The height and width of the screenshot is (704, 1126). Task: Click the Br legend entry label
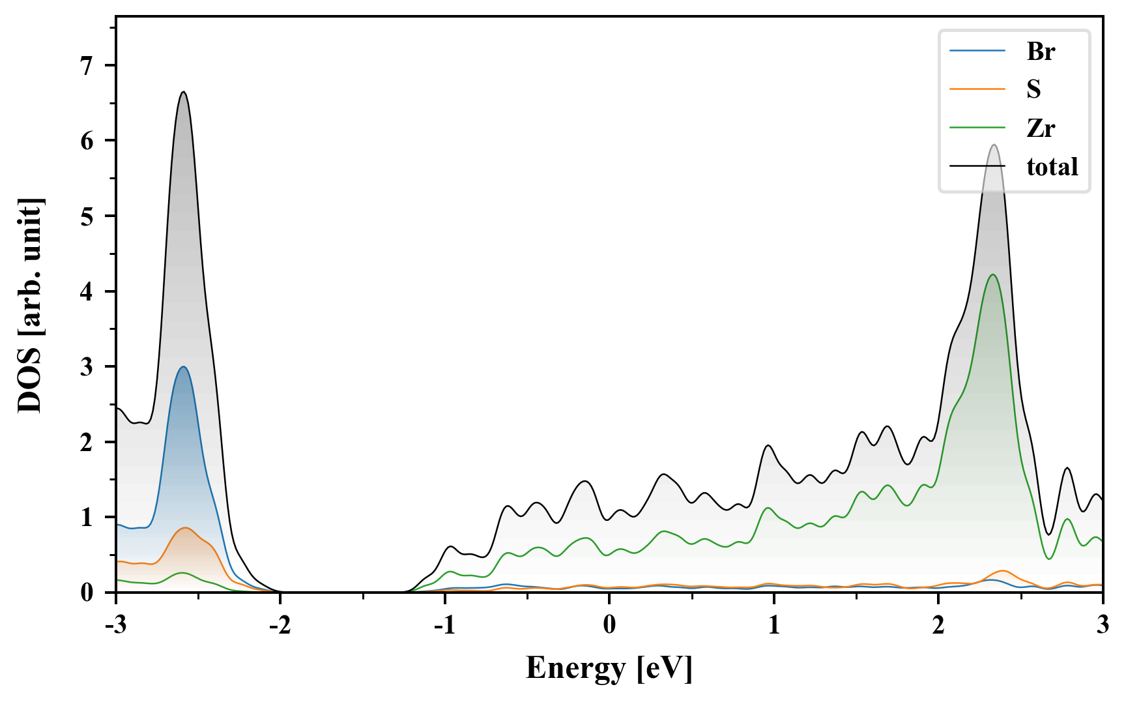[x=1040, y=51]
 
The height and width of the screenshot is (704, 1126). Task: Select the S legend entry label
[x=1033, y=89]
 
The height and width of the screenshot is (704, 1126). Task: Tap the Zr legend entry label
[x=1040, y=128]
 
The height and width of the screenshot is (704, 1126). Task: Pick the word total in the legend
[x=1052, y=167]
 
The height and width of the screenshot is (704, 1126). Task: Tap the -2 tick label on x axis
[x=280, y=625]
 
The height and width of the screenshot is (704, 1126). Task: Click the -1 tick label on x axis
[x=444, y=625]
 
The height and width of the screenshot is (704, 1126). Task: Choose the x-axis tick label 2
[x=938, y=625]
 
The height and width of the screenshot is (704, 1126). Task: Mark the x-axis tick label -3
[x=116, y=625]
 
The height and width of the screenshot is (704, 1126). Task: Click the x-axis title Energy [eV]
[x=609, y=668]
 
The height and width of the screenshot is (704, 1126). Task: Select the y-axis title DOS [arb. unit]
[x=30, y=305]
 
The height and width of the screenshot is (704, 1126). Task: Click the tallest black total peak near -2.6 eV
[x=184, y=92]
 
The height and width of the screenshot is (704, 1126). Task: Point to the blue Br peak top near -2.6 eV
[x=184, y=367]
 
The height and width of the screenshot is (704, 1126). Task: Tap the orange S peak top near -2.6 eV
[x=186, y=528]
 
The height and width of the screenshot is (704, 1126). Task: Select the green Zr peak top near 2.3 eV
[x=992, y=274]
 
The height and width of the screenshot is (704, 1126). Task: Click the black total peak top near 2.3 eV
[x=994, y=145]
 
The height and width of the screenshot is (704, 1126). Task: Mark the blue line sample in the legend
[x=977, y=51]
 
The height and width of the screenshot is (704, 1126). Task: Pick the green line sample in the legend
[x=977, y=128]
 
